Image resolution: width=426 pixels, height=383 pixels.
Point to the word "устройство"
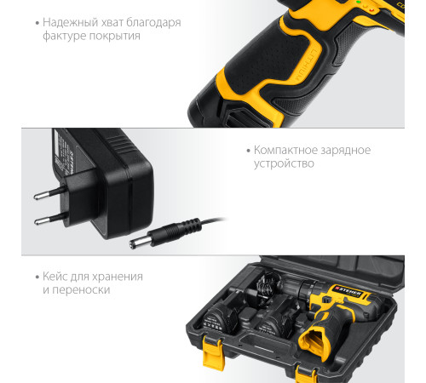point(284,163)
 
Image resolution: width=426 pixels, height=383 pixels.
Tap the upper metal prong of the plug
point(49,193)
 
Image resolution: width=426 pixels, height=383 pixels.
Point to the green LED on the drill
point(359,2)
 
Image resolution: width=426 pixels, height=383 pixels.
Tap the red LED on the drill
point(371,10)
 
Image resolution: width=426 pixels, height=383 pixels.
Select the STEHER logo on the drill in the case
point(348,292)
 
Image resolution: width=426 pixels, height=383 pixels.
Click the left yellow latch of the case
point(213,352)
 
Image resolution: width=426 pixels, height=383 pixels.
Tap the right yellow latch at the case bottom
point(306,374)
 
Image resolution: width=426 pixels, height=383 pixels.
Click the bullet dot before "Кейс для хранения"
point(37,277)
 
